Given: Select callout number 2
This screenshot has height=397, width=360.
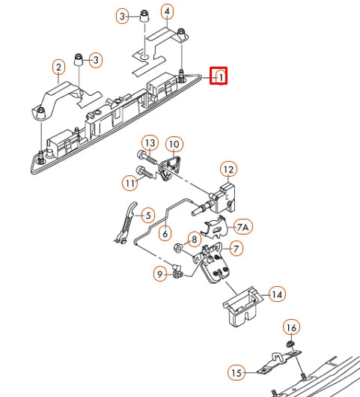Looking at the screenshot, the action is tap(58, 67).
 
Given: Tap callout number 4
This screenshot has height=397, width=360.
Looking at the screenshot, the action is tap(167, 12).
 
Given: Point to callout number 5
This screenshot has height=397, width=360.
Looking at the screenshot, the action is tap(148, 216).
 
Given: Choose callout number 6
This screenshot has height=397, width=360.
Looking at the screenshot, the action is tap(165, 233).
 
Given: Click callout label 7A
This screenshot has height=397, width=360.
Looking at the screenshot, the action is tap(242, 227).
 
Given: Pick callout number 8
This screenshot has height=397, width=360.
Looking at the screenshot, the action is tap(195, 239).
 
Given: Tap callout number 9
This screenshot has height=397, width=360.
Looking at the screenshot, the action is tap(160, 274).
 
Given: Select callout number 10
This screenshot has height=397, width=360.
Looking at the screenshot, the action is tap(174, 144).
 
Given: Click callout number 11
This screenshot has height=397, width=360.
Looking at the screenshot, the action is tap(130, 183).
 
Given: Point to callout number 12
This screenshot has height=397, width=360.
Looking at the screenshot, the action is tap(229, 169).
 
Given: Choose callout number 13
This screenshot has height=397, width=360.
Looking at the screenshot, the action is tap(150, 143).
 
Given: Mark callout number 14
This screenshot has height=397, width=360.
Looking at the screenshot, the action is tap(277, 294).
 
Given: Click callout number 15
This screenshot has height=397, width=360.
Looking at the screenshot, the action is tap(237, 373).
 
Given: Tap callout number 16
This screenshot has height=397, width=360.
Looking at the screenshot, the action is tap(291, 328).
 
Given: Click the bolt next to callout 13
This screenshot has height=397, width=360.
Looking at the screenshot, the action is tap(147, 158).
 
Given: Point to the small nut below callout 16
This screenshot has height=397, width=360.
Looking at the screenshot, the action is tap(289, 344).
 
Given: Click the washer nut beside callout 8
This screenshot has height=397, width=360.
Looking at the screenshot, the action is tap(178, 247).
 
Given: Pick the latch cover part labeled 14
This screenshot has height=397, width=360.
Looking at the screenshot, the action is tap(242, 306).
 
